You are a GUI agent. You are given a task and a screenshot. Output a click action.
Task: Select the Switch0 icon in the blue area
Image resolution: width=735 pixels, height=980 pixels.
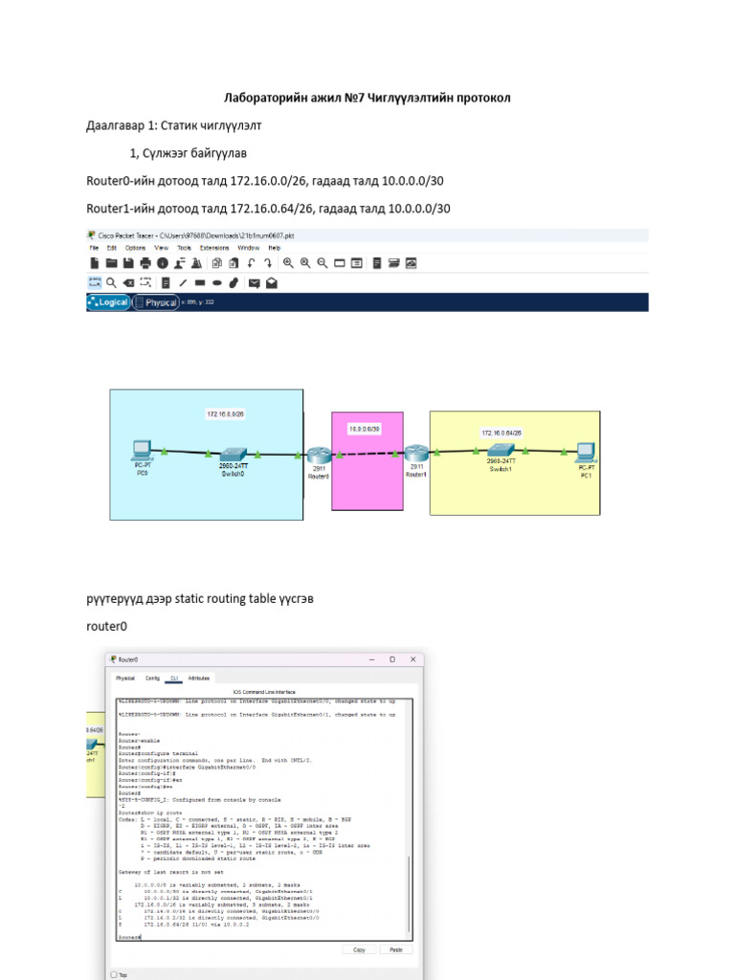click(233, 453)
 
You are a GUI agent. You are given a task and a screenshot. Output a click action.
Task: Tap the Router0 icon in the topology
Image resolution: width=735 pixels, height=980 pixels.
click(319, 456)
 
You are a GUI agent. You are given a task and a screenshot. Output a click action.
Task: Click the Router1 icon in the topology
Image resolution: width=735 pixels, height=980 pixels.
click(415, 456)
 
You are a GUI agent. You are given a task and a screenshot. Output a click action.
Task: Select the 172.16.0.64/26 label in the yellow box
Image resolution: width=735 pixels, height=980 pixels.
click(501, 433)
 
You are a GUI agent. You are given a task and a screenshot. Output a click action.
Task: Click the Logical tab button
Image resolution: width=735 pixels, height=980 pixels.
click(108, 302)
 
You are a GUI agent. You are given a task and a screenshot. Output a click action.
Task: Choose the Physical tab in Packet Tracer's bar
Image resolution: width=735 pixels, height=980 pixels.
click(156, 302)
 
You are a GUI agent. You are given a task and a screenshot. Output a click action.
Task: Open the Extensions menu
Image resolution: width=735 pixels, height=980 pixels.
click(214, 247)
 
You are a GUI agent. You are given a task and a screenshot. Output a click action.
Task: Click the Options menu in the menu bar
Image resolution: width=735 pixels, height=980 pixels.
click(137, 247)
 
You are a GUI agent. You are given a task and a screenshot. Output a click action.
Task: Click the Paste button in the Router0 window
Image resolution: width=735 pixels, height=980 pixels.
click(395, 949)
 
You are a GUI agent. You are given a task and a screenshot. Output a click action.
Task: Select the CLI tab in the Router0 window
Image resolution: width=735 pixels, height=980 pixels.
click(174, 678)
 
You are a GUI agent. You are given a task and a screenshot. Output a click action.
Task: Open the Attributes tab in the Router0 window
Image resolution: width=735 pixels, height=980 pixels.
click(199, 678)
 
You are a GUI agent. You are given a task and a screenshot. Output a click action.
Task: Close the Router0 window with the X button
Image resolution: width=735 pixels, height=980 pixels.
click(412, 659)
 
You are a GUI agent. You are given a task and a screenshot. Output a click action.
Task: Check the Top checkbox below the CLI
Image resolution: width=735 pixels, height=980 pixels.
click(114, 974)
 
